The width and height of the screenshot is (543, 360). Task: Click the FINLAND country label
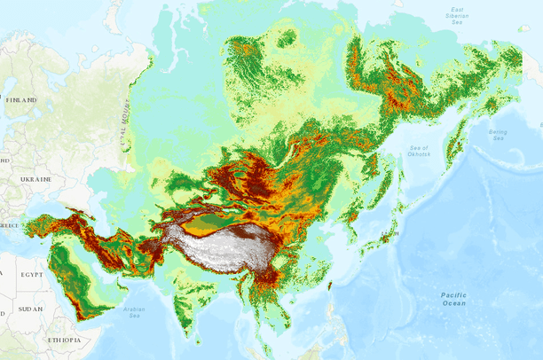[22, 100]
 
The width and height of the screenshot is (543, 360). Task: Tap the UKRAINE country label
[31, 179]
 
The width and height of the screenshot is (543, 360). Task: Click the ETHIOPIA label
[65, 340]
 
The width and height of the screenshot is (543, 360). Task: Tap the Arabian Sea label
[134, 311]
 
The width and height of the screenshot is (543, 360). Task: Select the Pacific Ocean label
[452, 299]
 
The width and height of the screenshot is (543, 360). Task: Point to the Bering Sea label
[498, 135]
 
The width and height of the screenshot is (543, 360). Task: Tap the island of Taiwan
[329, 286]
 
